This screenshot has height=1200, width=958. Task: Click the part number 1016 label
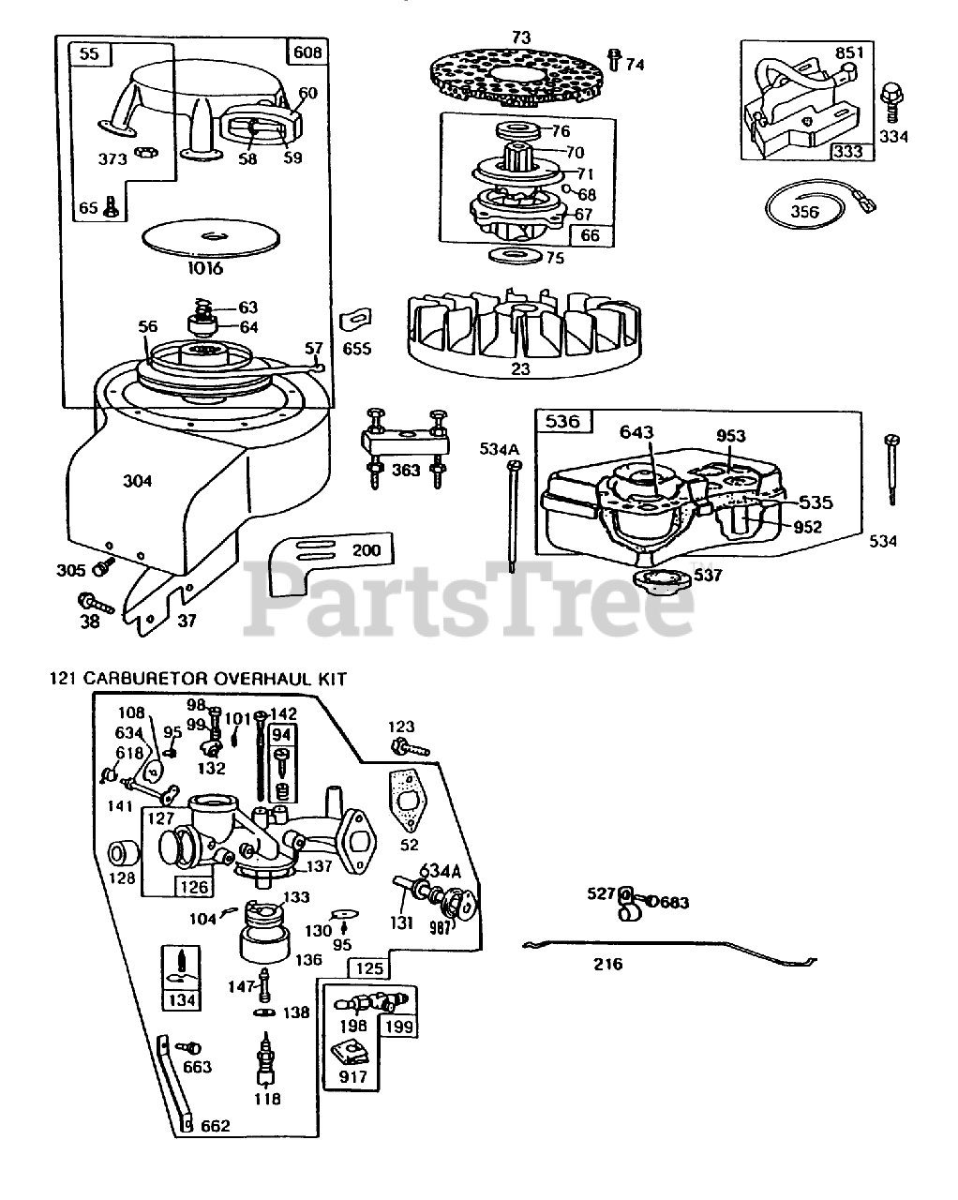[x=204, y=269]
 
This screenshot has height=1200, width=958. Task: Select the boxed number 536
[x=562, y=421]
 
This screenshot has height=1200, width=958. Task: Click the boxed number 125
[x=367, y=967]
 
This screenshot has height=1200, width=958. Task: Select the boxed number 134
[x=182, y=1000]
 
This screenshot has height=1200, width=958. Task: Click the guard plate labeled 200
[x=328, y=562]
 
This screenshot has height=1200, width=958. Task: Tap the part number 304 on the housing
[x=137, y=481]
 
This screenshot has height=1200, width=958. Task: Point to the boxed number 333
[x=847, y=150]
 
